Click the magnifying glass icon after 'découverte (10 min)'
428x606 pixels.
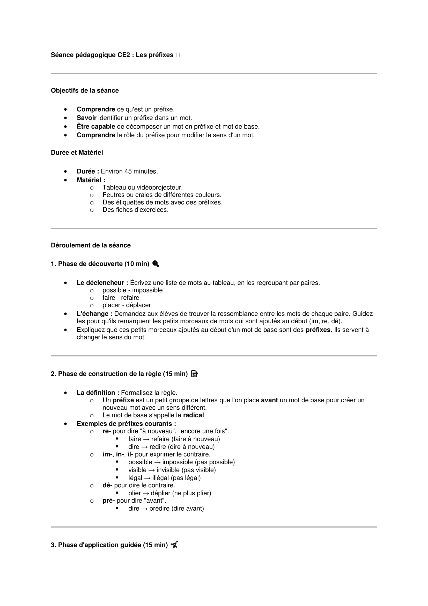pos(156,264)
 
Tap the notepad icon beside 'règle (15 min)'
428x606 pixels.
pos(194,374)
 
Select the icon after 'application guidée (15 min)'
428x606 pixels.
pos(174,545)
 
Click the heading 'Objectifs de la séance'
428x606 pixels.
pos(85,90)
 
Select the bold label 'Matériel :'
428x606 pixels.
pos(91,180)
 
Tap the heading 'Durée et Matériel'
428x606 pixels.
pos(77,153)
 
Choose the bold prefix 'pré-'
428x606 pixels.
pos(109,501)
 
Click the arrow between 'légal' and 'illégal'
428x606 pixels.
pos(147,478)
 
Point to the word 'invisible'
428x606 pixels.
pos(168,470)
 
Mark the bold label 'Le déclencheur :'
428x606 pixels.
pos(102,283)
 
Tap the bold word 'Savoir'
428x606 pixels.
pos(86,118)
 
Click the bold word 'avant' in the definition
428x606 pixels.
pos(269,400)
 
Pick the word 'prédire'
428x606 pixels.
pos(159,509)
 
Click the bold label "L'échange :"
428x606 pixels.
pos(95,313)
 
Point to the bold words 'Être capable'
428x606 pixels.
pos(96,126)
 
